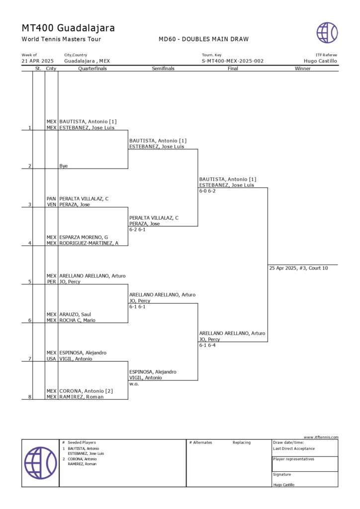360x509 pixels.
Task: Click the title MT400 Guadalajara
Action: click(68, 28)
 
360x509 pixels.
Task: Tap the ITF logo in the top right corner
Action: click(327, 32)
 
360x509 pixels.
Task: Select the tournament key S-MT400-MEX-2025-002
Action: click(233, 61)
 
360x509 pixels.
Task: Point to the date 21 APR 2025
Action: click(37, 61)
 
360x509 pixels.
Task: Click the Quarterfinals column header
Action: click(92, 69)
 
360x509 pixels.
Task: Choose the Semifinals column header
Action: click(163, 69)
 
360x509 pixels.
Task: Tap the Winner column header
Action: click(302, 69)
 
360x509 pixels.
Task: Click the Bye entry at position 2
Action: click(64, 166)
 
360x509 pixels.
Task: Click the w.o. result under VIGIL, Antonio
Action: click(134, 384)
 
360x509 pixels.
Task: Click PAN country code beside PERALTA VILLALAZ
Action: click(51, 199)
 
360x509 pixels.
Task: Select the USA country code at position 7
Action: click(51, 359)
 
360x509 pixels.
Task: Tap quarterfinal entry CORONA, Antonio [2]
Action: click(86, 391)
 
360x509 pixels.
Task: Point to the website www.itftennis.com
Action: click(321, 437)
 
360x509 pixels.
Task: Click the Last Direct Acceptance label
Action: click(294, 448)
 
